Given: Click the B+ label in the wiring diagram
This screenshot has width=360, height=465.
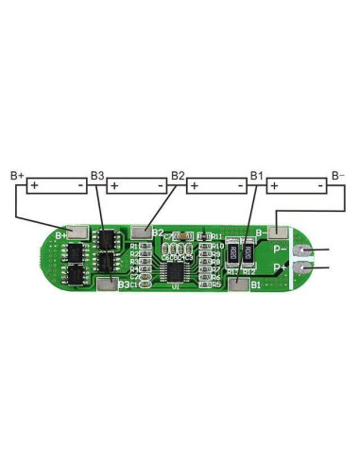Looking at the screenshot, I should point(16,176).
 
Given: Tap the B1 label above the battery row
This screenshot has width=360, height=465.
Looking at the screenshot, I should point(256,176).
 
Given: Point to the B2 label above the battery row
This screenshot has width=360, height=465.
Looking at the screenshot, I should point(177,176).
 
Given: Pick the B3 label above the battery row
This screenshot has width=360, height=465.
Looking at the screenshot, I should point(96,176).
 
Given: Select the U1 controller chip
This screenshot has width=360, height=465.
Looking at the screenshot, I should point(176,271).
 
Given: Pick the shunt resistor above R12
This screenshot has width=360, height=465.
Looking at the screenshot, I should point(248,253).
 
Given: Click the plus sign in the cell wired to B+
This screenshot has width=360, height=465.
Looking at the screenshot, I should point(35,186).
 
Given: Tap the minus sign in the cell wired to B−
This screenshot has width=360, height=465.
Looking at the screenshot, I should point(318,186).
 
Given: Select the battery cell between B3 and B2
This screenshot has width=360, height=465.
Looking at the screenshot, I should point(137,186).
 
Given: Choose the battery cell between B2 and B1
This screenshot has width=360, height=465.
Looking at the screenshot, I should point(216,186).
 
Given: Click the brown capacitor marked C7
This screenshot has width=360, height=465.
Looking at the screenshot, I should point(187,235).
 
